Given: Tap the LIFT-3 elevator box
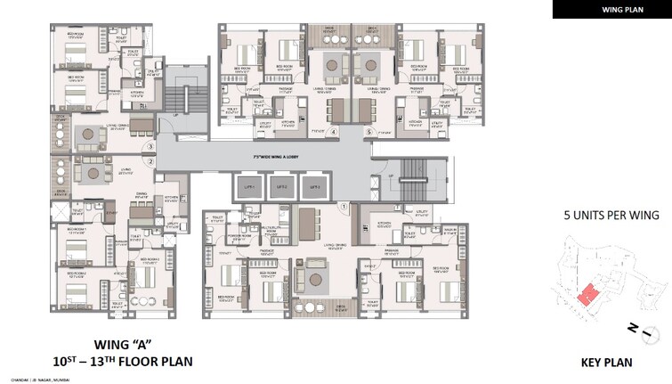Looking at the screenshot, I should pos(312,189).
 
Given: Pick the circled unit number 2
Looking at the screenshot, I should pos(151,161).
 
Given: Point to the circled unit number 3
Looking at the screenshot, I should pos(151,146).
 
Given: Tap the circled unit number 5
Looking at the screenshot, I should pos(368,132).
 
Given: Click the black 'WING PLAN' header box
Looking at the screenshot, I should pos(611,9).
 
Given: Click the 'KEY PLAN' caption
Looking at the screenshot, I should pos(608,363).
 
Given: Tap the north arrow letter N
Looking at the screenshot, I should pos(631,331).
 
